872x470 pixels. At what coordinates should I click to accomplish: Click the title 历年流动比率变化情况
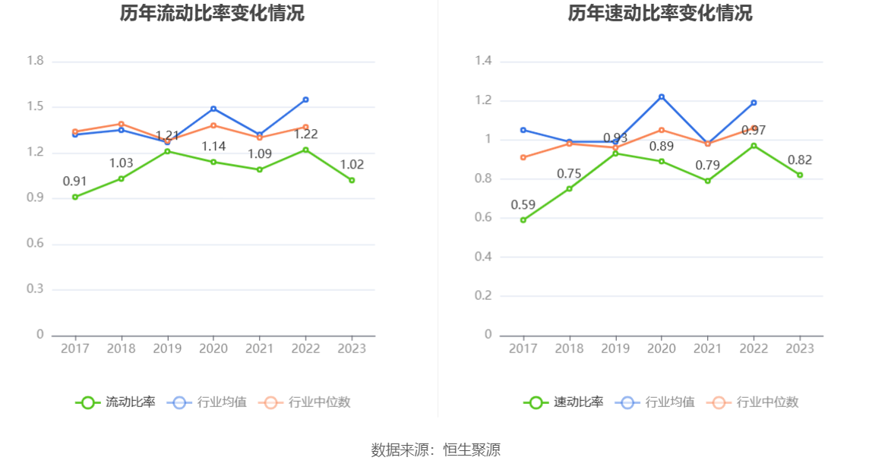tap(212, 14)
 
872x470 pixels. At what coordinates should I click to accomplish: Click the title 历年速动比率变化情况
tap(660, 14)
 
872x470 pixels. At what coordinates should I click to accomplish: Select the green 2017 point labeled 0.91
tap(74, 197)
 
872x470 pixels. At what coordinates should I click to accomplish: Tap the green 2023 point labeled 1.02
tap(352, 180)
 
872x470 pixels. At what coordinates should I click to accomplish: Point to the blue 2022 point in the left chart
tap(305, 99)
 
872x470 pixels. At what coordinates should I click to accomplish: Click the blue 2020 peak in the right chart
tap(662, 96)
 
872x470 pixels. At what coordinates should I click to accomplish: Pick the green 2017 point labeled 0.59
tap(523, 220)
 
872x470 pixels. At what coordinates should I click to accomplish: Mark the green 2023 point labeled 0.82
tap(800, 175)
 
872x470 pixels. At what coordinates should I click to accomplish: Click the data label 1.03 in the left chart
tap(121, 163)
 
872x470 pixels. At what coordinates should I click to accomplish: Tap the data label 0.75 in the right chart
tap(569, 174)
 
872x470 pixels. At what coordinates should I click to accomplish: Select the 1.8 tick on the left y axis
tap(35, 61)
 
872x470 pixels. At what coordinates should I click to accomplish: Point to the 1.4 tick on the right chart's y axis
tap(483, 61)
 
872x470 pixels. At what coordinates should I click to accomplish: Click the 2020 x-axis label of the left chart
tap(213, 349)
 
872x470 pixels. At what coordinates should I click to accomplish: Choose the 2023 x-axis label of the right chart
tap(800, 349)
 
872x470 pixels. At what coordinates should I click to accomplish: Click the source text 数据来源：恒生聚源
tap(435, 449)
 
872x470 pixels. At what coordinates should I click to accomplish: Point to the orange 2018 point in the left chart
tap(121, 124)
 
